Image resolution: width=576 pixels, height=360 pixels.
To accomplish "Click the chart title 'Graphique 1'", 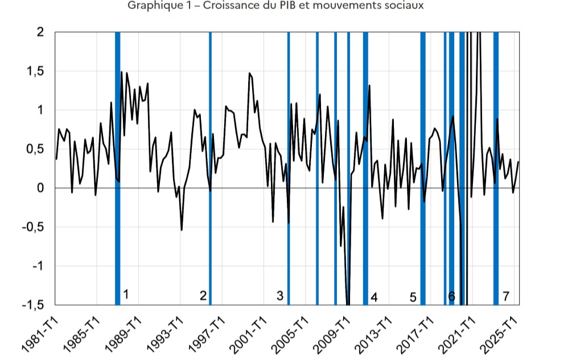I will [275, 6].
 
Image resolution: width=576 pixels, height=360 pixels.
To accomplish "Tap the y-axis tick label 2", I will [40, 32].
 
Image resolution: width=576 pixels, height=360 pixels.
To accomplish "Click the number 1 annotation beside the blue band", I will [126, 294].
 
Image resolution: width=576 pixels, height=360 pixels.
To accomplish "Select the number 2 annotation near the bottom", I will [203, 295].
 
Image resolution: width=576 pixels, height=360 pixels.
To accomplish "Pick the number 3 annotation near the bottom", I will [279, 295].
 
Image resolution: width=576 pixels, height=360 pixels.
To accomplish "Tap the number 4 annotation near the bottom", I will [374, 297].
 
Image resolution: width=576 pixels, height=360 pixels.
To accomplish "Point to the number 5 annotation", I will [413, 297].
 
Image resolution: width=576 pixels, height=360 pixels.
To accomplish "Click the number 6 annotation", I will [451, 296].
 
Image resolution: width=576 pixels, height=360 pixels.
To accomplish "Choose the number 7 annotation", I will [505, 296].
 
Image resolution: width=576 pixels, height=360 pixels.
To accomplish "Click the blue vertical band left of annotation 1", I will [117, 171].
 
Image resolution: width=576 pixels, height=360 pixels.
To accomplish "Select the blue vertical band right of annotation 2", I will [211, 171].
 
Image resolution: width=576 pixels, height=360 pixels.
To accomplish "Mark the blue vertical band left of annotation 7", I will [496, 171].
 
